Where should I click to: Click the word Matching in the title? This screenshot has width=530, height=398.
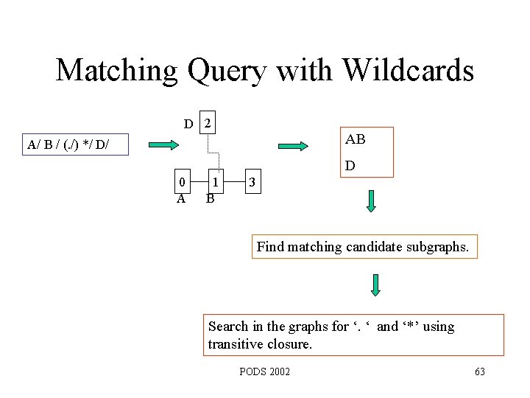click(x=117, y=71)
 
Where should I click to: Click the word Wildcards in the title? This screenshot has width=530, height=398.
click(x=409, y=71)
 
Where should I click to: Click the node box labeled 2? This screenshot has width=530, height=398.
click(x=208, y=124)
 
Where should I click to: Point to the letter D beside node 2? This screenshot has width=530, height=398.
click(x=189, y=124)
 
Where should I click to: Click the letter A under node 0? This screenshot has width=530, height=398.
click(x=180, y=198)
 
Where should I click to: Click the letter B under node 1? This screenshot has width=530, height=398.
click(x=210, y=198)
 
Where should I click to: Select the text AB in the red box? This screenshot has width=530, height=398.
click(x=356, y=139)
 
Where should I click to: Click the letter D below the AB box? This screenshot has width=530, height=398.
click(x=350, y=166)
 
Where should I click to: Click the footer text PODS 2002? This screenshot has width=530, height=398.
click(x=265, y=371)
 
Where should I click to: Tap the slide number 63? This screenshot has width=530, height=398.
click(x=479, y=371)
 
